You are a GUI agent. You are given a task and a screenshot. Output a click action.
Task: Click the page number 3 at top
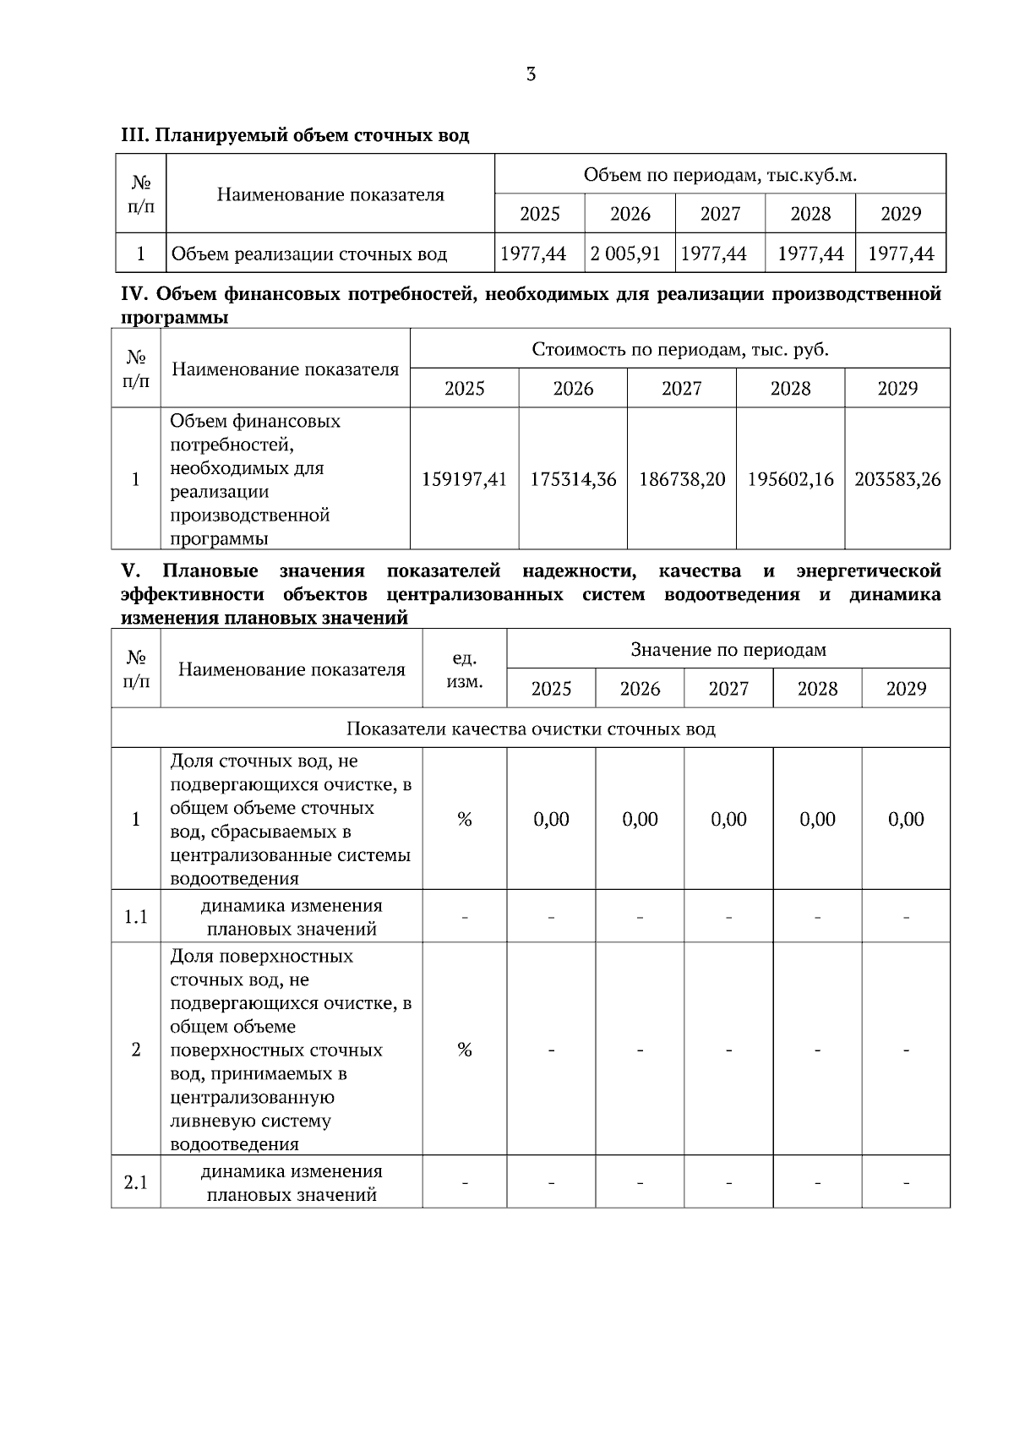pyautogui.click(x=531, y=74)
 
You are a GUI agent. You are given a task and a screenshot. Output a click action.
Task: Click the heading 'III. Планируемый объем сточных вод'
pyautogui.click(x=295, y=135)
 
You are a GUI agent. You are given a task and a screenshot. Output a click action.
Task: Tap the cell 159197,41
pyautogui.click(x=464, y=479)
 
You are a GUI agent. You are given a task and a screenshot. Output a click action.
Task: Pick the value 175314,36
pyautogui.click(x=573, y=479)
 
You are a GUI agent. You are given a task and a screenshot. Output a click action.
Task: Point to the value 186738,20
pyautogui.click(x=681, y=479)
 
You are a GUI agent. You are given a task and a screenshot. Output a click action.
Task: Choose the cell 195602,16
pyautogui.click(x=790, y=479)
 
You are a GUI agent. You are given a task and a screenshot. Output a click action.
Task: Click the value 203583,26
pyautogui.click(x=897, y=479)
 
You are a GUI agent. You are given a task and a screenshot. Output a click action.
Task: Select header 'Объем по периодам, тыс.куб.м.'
pyautogui.click(x=720, y=175)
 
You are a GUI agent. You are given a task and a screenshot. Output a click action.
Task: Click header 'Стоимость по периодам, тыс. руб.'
pyautogui.click(x=680, y=349)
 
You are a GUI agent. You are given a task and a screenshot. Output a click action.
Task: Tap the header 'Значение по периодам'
pyautogui.click(x=728, y=649)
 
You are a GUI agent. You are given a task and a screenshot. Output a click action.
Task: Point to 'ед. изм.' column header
pyautogui.click(x=464, y=669)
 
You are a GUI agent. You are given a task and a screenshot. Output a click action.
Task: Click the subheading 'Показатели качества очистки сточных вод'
pyautogui.click(x=531, y=728)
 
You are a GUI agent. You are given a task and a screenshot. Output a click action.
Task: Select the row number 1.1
pyautogui.click(x=135, y=917)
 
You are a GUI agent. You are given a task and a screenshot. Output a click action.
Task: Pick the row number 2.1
pyautogui.click(x=135, y=1182)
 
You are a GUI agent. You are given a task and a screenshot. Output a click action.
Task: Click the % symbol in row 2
pyautogui.click(x=464, y=1050)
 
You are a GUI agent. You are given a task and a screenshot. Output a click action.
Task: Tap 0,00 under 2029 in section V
pyautogui.click(x=906, y=819)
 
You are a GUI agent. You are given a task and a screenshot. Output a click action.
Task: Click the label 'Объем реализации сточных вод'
pyautogui.click(x=309, y=254)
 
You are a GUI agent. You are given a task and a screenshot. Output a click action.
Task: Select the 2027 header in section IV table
pyautogui.click(x=681, y=388)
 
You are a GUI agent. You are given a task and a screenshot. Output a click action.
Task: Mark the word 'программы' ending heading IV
pyautogui.click(x=175, y=318)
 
